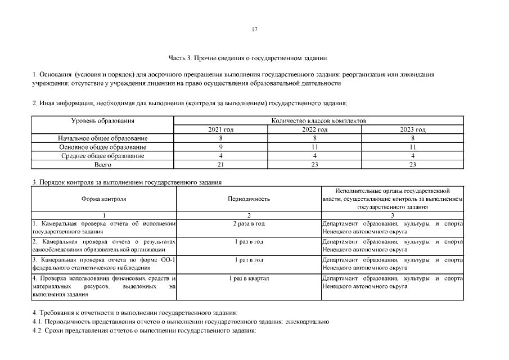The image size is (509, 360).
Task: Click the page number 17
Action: coord(254,29)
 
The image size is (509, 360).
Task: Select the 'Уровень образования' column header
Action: coord(102,121)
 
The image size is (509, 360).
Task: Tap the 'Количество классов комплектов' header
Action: coord(318,121)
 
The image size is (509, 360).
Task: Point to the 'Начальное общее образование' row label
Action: coord(102,138)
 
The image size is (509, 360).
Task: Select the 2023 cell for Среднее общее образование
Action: coord(413,156)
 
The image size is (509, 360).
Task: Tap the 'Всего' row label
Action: coord(102,165)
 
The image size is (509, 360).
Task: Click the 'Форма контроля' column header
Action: coord(104,199)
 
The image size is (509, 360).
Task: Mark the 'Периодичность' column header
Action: coord(249,199)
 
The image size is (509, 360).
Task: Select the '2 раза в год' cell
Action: coord(249,224)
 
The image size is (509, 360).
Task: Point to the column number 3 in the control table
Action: coord(392,215)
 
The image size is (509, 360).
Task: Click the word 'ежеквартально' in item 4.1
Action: coord(308,322)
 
